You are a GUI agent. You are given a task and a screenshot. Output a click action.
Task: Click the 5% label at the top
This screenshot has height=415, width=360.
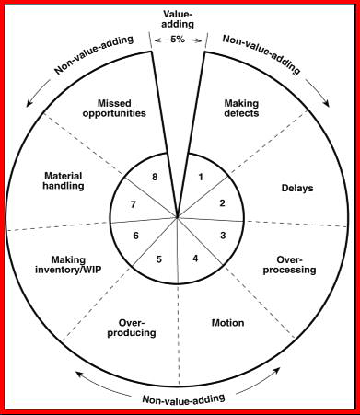pyautogui.click(x=178, y=40)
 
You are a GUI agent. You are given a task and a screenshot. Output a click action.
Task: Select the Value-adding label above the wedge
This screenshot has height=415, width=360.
pyautogui.click(x=179, y=19)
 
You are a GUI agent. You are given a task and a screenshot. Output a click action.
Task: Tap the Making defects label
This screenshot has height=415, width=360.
pyautogui.click(x=241, y=108)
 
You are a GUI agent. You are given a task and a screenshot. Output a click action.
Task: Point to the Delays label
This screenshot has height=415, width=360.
pyautogui.click(x=297, y=188)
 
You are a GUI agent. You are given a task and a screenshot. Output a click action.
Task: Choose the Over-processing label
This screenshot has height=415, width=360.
pyautogui.click(x=289, y=265)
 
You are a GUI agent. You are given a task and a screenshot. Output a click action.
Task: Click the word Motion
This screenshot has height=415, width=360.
pyautogui.click(x=228, y=323)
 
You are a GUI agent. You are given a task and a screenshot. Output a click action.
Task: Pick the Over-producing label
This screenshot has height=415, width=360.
pyautogui.click(x=132, y=328)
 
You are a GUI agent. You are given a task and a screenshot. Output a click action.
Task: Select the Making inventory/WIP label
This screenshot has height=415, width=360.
pyautogui.click(x=68, y=265)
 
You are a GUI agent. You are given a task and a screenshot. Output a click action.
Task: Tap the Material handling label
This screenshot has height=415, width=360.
pyautogui.click(x=64, y=181)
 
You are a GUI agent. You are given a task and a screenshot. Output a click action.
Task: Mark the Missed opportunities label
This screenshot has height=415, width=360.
pyautogui.click(x=114, y=108)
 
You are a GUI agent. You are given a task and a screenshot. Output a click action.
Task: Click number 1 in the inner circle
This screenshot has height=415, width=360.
pyautogui.click(x=201, y=177)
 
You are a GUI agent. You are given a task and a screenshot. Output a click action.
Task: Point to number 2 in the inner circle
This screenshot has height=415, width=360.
pyautogui.click(x=222, y=203)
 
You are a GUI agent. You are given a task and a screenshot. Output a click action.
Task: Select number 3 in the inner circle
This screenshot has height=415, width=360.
pyautogui.click(x=223, y=236)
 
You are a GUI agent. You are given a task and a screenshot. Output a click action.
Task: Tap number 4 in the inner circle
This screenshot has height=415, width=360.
pyautogui.click(x=195, y=259)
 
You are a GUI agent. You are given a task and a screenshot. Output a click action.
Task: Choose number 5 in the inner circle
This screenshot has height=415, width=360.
pyautogui.click(x=159, y=259)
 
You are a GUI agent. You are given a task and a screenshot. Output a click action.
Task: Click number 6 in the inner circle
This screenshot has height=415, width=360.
pyautogui.click(x=136, y=236)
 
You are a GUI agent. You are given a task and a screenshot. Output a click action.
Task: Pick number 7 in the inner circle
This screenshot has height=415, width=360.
pyautogui.click(x=134, y=204)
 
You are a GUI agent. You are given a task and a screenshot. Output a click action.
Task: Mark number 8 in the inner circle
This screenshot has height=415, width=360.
pyautogui.click(x=155, y=177)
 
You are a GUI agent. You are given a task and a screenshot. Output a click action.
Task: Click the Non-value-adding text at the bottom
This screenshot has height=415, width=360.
pyautogui.click(x=184, y=398)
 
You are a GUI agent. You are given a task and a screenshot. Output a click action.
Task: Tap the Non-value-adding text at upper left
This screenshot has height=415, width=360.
pyautogui.click(x=94, y=54)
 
